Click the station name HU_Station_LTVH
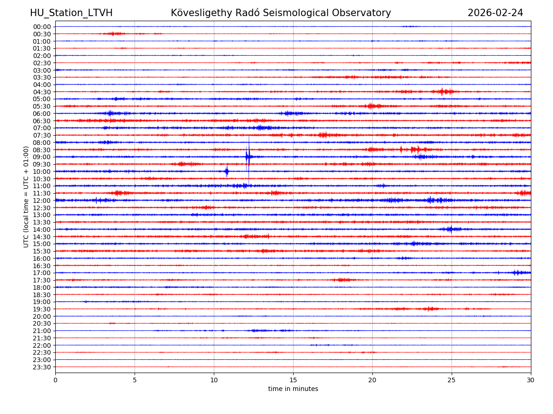pyautogui.click(x=71, y=13)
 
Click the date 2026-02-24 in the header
pyautogui.click(x=495, y=13)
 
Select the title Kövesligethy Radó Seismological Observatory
pyautogui.click(x=281, y=13)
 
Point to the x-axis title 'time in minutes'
pyautogui.click(x=293, y=389)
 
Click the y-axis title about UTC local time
pyautogui.click(x=26, y=196)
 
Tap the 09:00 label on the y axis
pyautogui.click(x=41, y=157)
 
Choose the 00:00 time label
pyautogui.click(x=41, y=27)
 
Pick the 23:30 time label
pyautogui.click(x=41, y=367)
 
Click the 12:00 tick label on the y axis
pyautogui.click(x=41, y=201)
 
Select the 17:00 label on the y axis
pyautogui.click(x=41, y=273)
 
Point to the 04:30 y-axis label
pyautogui.click(x=41, y=92)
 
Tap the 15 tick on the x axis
pyautogui.click(x=293, y=380)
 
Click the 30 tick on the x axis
pyautogui.click(x=531, y=380)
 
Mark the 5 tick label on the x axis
pyautogui.click(x=135, y=380)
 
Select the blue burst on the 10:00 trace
pyautogui.click(x=227, y=171)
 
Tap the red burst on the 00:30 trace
pyautogui.click(x=114, y=34)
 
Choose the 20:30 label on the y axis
pyautogui.click(x=41, y=323)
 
